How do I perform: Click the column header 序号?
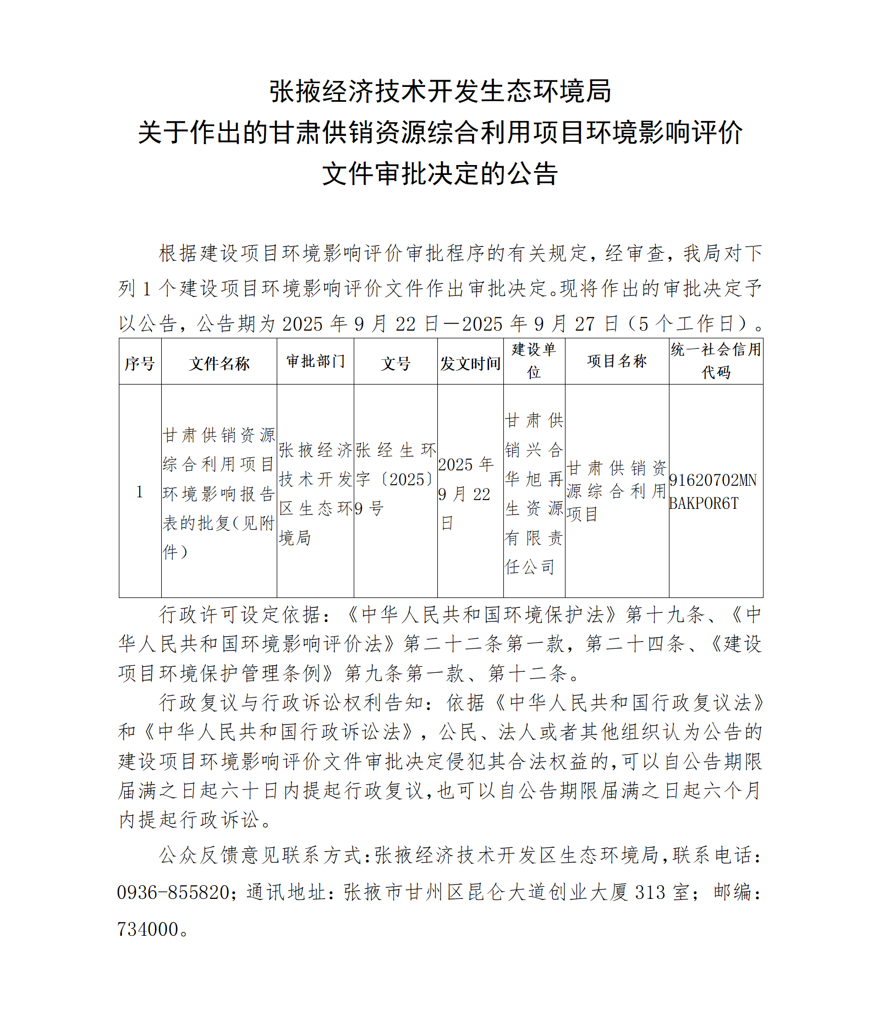pos(140,363)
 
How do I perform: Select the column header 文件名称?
pos(219,363)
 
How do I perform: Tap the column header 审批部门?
pos(315,361)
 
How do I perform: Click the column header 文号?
pos(396,363)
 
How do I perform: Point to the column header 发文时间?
pos(470,363)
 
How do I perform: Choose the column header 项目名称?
pos(617,361)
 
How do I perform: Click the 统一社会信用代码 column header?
pos(716,361)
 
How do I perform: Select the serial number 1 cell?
pos(140,492)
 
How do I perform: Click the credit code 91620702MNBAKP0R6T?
pos(713,492)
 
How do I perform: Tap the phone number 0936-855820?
pos(173,892)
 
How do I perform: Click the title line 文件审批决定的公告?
pos(440,174)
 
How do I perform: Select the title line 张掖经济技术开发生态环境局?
pos(440,91)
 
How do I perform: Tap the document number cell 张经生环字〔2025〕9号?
pos(396,479)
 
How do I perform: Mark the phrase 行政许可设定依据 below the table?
pos(239,615)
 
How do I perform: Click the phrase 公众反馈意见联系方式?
pos(260,855)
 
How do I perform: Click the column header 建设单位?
pos(534,361)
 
